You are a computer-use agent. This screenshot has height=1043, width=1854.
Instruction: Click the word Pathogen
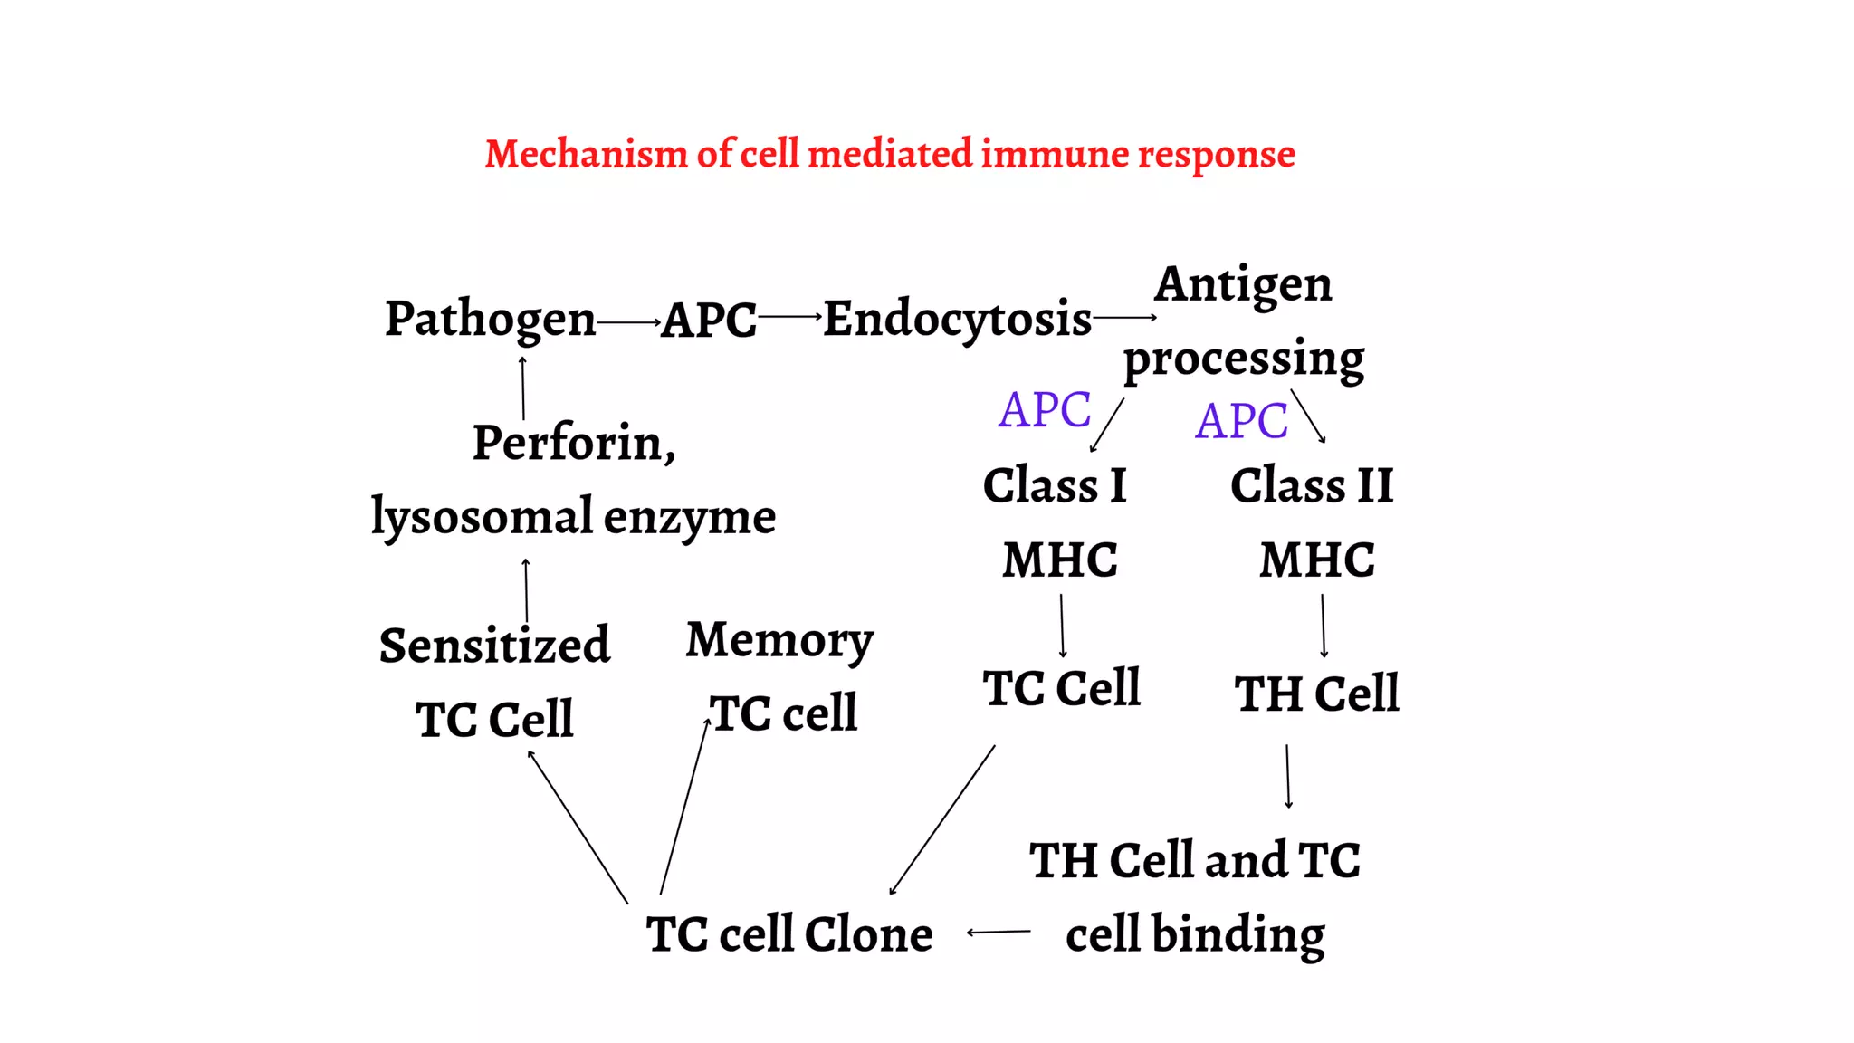point(490,320)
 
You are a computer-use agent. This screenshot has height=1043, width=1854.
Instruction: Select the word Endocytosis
point(957,320)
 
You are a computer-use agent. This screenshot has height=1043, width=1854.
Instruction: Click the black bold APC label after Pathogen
point(709,321)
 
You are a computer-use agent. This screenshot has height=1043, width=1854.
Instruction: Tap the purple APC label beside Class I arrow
point(1045,410)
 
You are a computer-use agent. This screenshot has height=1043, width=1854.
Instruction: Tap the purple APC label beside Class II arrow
point(1241,421)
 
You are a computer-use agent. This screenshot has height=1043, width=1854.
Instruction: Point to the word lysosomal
point(482,517)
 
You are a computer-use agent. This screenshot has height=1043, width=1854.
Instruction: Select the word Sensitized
point(494,646)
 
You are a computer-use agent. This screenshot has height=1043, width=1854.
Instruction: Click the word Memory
point(779,640)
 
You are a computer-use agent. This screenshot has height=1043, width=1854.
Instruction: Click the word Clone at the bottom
point(867,934)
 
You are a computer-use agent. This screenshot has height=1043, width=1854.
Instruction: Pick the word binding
point(1238,934)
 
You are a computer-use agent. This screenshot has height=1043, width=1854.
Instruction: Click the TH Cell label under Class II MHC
point(1316,694)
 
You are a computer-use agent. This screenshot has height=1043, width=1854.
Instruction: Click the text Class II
point(1311,485)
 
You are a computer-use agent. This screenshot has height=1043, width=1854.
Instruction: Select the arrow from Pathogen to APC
point(628,321)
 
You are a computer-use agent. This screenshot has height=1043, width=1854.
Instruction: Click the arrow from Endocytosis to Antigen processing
point(1124,317)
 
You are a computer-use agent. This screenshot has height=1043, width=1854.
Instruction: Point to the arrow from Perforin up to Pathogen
point(522,388)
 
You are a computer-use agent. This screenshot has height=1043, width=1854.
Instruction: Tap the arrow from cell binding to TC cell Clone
point(999,932)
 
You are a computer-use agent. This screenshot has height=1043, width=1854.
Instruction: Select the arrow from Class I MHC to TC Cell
point(1062,625)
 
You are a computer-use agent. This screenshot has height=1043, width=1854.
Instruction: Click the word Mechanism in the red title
point(586,154)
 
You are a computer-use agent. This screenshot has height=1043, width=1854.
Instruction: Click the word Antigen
point(1242,284)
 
